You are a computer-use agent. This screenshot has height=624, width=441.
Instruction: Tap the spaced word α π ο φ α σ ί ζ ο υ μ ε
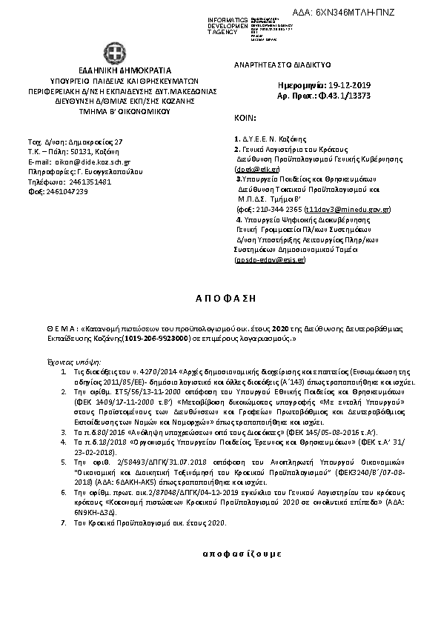220,554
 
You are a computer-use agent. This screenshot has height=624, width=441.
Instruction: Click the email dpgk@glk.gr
252,170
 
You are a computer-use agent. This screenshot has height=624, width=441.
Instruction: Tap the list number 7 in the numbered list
64,524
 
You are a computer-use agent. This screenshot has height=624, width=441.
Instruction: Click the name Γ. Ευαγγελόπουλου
107,171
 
